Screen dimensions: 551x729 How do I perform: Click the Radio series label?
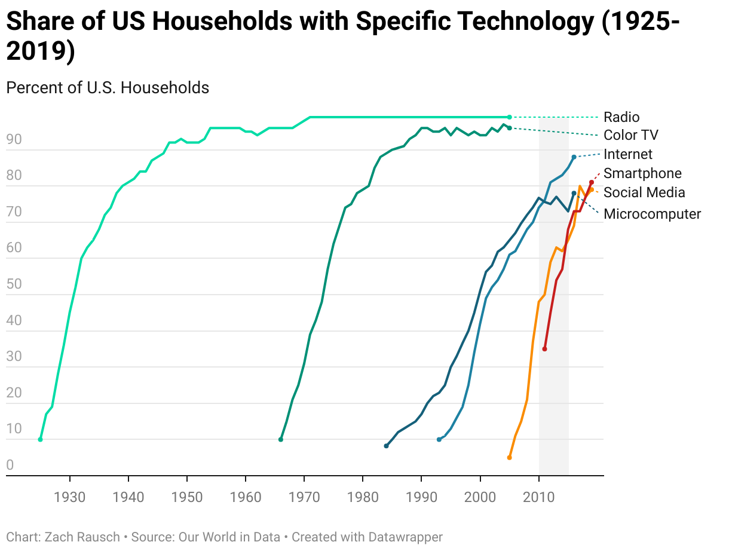click(x=621, y=117)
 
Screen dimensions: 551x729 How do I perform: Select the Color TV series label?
click(x=630, y=135)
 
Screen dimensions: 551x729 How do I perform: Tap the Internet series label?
click(x=628, y=154)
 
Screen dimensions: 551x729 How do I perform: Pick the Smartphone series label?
click(x=642, y=173)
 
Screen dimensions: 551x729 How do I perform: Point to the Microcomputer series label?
click(x=652, y=214)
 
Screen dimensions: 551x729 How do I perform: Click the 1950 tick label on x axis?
click(x=187, y=497)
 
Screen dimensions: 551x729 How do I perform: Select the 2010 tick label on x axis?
click(x=539, y=497)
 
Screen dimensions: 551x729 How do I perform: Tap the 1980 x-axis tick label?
click(x=363, y=497)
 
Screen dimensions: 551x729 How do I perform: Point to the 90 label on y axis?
click(x=14, y=140)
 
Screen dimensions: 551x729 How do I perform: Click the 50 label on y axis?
click(x=14, y=284)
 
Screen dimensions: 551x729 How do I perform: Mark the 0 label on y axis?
click(x=10, y=466)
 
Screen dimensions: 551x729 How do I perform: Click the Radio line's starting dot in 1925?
click(x=40, y=439)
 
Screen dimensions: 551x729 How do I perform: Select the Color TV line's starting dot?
click(x=281, y=439)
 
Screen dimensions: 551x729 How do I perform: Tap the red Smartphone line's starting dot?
click(x=544, y=349)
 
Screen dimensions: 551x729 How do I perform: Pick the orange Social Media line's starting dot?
click(x=509, y=458)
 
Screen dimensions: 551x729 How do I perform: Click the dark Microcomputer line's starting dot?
click(x=386, y=446)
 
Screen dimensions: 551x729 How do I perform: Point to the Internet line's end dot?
click(x=574, y=157)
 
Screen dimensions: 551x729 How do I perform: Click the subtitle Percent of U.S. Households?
click(x=108, y=88)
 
